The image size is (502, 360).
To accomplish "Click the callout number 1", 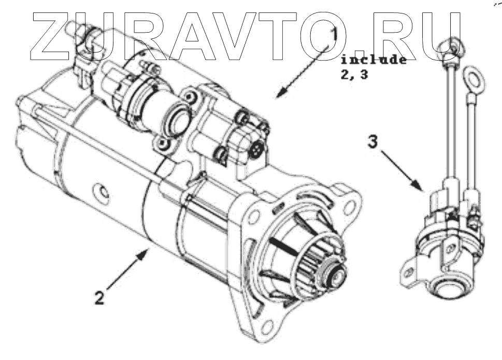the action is point(334,36).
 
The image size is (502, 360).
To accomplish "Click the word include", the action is point(373,59).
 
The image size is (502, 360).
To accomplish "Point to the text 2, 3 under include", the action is point(354,75).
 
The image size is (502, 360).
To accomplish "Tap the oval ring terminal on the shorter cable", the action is point(472,80).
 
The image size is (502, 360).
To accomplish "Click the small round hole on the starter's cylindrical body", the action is point(105,193).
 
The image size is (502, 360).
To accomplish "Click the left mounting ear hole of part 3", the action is point(409,270).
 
